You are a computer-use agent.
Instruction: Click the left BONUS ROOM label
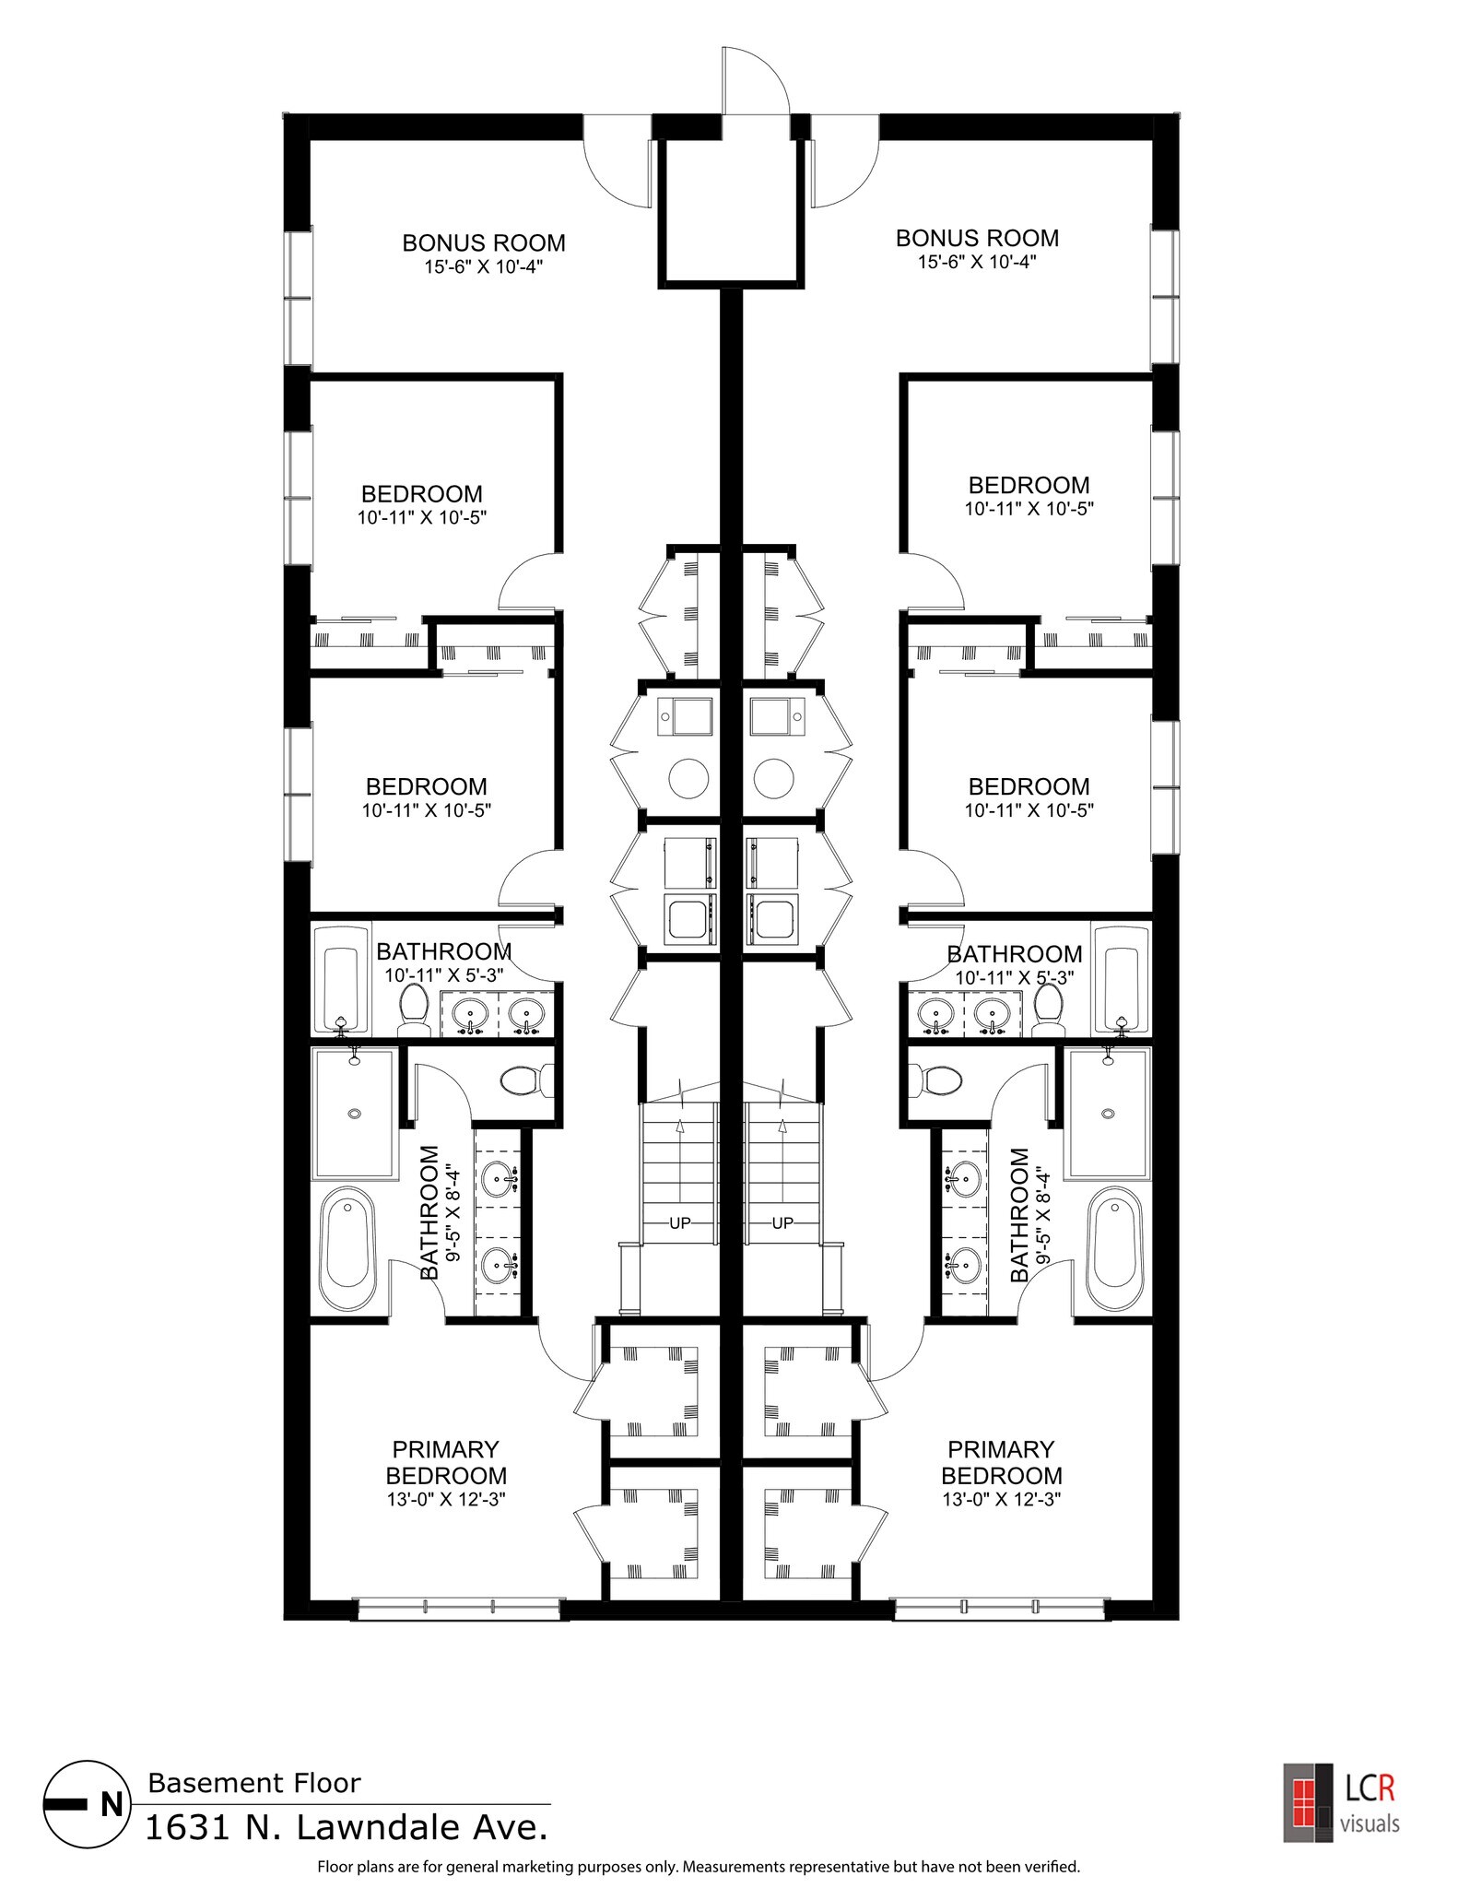coord(483,242)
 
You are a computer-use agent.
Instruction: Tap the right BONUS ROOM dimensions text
coord(977,262)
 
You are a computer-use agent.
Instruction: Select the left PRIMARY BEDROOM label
coord(446,1462)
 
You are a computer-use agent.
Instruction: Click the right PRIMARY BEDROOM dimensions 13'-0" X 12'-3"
coord(1001,1500)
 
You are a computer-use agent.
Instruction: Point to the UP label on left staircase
coord(679,1223)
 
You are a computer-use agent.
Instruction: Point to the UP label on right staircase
coord(782,1223)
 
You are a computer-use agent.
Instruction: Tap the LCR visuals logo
coord(1342,1802)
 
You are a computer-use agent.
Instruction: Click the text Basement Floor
coord(253,1783)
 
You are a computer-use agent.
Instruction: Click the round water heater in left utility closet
coord(688,778)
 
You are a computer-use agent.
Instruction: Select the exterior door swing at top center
coord(754,81)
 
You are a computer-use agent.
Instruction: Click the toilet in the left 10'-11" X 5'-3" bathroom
coord(414,1010)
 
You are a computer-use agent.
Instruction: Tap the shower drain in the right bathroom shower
coord(1107,1115)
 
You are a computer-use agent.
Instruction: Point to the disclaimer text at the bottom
coord(698,1867)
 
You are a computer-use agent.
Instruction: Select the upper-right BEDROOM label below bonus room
coord(1028,485)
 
